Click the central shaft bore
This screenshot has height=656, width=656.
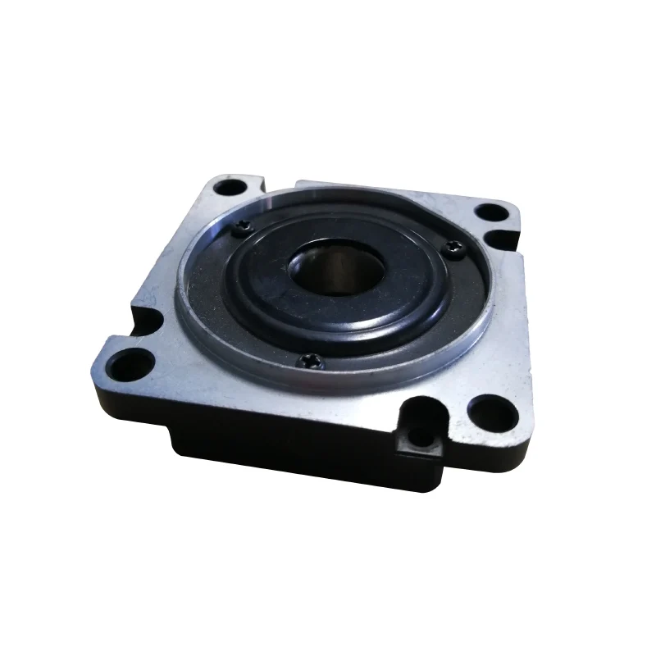(x=336, y=269)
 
